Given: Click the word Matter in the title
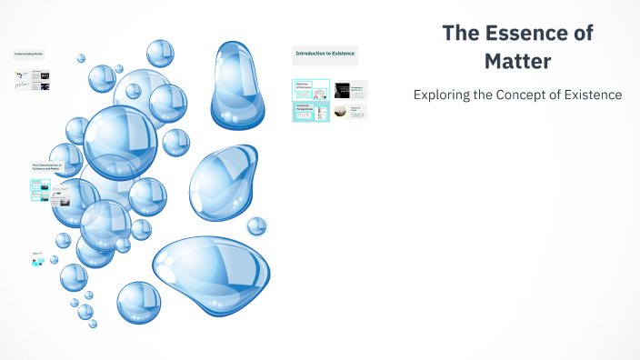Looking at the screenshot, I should pyautogui.click(x=517, y=63).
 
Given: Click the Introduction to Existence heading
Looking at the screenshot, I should pyautogui.click(x=325, y=54).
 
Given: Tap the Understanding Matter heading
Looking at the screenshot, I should pyautogui.click(x=28, y=55).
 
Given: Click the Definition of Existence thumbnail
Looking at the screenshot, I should pyautogui.click(x=311, y=89).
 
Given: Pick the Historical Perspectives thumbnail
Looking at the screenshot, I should pyautogui.click(x=311, y=112).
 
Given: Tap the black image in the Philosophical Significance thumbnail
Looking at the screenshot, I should pyautogui.click(x=342, y=89).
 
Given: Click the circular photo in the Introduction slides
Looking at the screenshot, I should pyautogui.click(x=341, y=111).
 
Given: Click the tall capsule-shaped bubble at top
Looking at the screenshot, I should pyautogui.click(x=239, y=84).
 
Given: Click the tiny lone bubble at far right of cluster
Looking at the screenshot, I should pyautogui.click(x=256, y=225).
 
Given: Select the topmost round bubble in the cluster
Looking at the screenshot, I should pyautogui.click(x=160, y=53).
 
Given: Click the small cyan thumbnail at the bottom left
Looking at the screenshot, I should pyautogui.click(x=38, y=262).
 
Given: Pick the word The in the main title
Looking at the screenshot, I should pyautogui.click(x=460, y=34).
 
